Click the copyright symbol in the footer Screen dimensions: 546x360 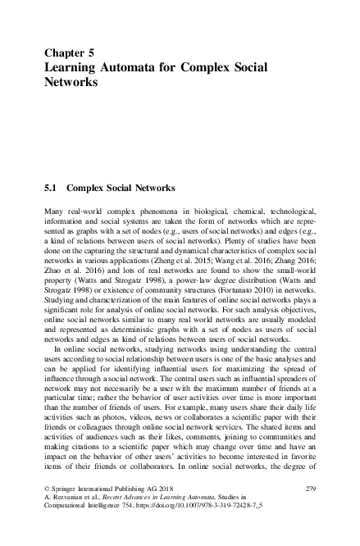(x=47, y=489)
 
